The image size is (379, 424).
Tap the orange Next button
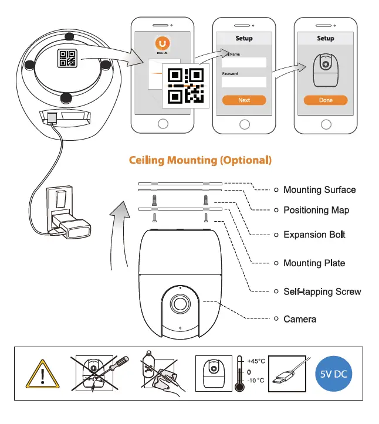click(244, 100)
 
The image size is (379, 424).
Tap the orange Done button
click(326, 100)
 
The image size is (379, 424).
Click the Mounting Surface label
click(319, 189)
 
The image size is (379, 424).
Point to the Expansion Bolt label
click(314, 235)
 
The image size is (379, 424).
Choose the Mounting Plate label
click(314, 263)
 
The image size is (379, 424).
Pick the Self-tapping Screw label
click(322, 291)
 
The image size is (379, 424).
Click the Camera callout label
click(300, 319)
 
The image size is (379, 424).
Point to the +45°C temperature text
click(256, 361)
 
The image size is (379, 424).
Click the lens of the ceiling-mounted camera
click(180, 303)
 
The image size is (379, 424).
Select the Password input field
click(244, 82)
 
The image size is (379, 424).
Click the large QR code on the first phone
click(185, 86)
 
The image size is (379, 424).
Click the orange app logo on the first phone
click(163, 43)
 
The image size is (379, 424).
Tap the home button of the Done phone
click(326, 124)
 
